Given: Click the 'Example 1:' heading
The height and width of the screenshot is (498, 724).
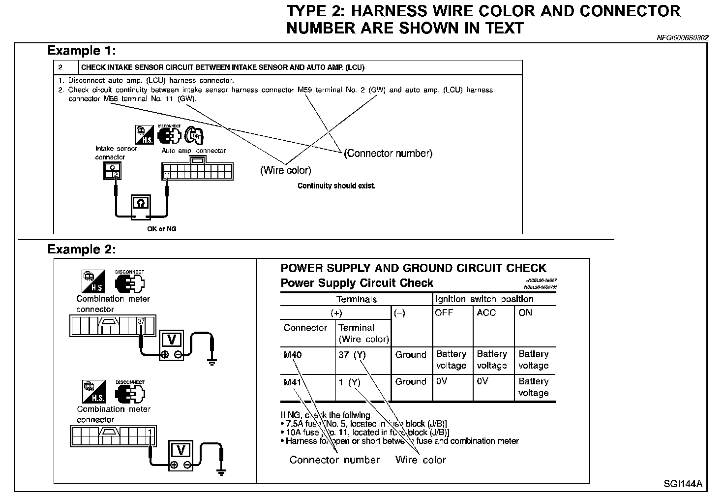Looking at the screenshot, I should click(81, 51).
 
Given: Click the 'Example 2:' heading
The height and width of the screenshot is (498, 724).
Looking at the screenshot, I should click(81, 249).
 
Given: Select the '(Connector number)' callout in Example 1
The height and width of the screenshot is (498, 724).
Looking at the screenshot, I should click(388, 153).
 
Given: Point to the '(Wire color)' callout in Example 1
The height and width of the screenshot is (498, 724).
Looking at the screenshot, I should click(285, 170).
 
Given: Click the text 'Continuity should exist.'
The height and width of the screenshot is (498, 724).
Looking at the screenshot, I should click(336, 186).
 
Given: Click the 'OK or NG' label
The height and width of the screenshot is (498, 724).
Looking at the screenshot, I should click(161, 229).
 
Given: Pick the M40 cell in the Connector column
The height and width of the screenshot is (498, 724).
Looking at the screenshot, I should click(293, 355).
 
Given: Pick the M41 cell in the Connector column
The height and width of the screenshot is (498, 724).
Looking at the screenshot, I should click(293, 382).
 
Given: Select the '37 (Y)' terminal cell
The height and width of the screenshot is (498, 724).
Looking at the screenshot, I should click(352, 355).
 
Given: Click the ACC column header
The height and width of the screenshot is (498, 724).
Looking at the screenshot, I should click(486, 312).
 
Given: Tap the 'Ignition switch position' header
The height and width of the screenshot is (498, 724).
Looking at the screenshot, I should click(484, 299).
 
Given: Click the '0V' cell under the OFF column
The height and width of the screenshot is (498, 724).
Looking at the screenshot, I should click(441, 381).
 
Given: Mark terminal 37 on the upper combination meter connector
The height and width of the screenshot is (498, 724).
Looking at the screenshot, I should click(142, 322).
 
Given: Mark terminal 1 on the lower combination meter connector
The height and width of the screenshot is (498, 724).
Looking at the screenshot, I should click(150, 432).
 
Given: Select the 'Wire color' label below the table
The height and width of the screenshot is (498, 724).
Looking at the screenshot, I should click(421, 460).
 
